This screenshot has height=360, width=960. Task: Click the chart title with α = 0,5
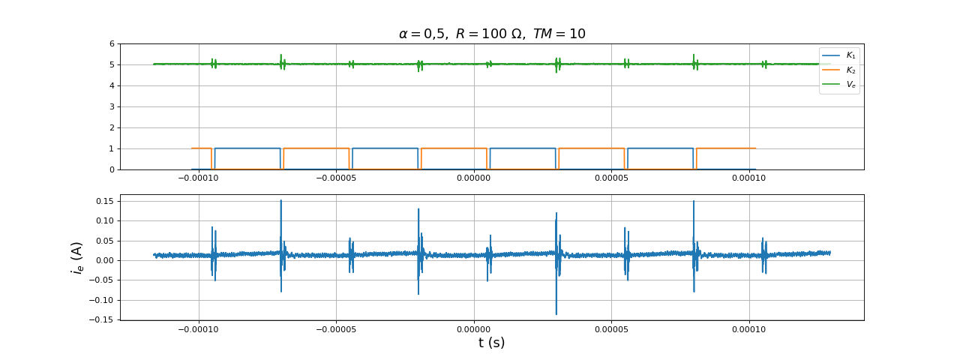click(x=491, y=34)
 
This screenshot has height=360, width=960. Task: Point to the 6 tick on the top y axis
click(x=112, y=43)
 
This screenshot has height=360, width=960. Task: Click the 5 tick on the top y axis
click(x=112, y=64)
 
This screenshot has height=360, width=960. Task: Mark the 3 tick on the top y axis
click(x=112, y=106)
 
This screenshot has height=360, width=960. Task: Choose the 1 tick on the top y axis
click(x=112, y=148)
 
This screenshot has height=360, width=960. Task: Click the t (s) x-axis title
click(x=491, y=343)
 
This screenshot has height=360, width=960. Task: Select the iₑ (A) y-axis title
click(x=76, y=257)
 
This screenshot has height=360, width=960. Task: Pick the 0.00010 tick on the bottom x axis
click(x=748, y=328)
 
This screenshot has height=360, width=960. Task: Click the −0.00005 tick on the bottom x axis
click(x=336, y=328)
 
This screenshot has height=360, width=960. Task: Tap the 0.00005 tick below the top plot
click(x=611, y=178)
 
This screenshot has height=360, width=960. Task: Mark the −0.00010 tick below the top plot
click(x=198, y=178)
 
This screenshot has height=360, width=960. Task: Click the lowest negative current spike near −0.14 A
click(x=556, y=313)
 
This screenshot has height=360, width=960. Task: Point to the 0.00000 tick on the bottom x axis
click(x=474, y=328)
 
